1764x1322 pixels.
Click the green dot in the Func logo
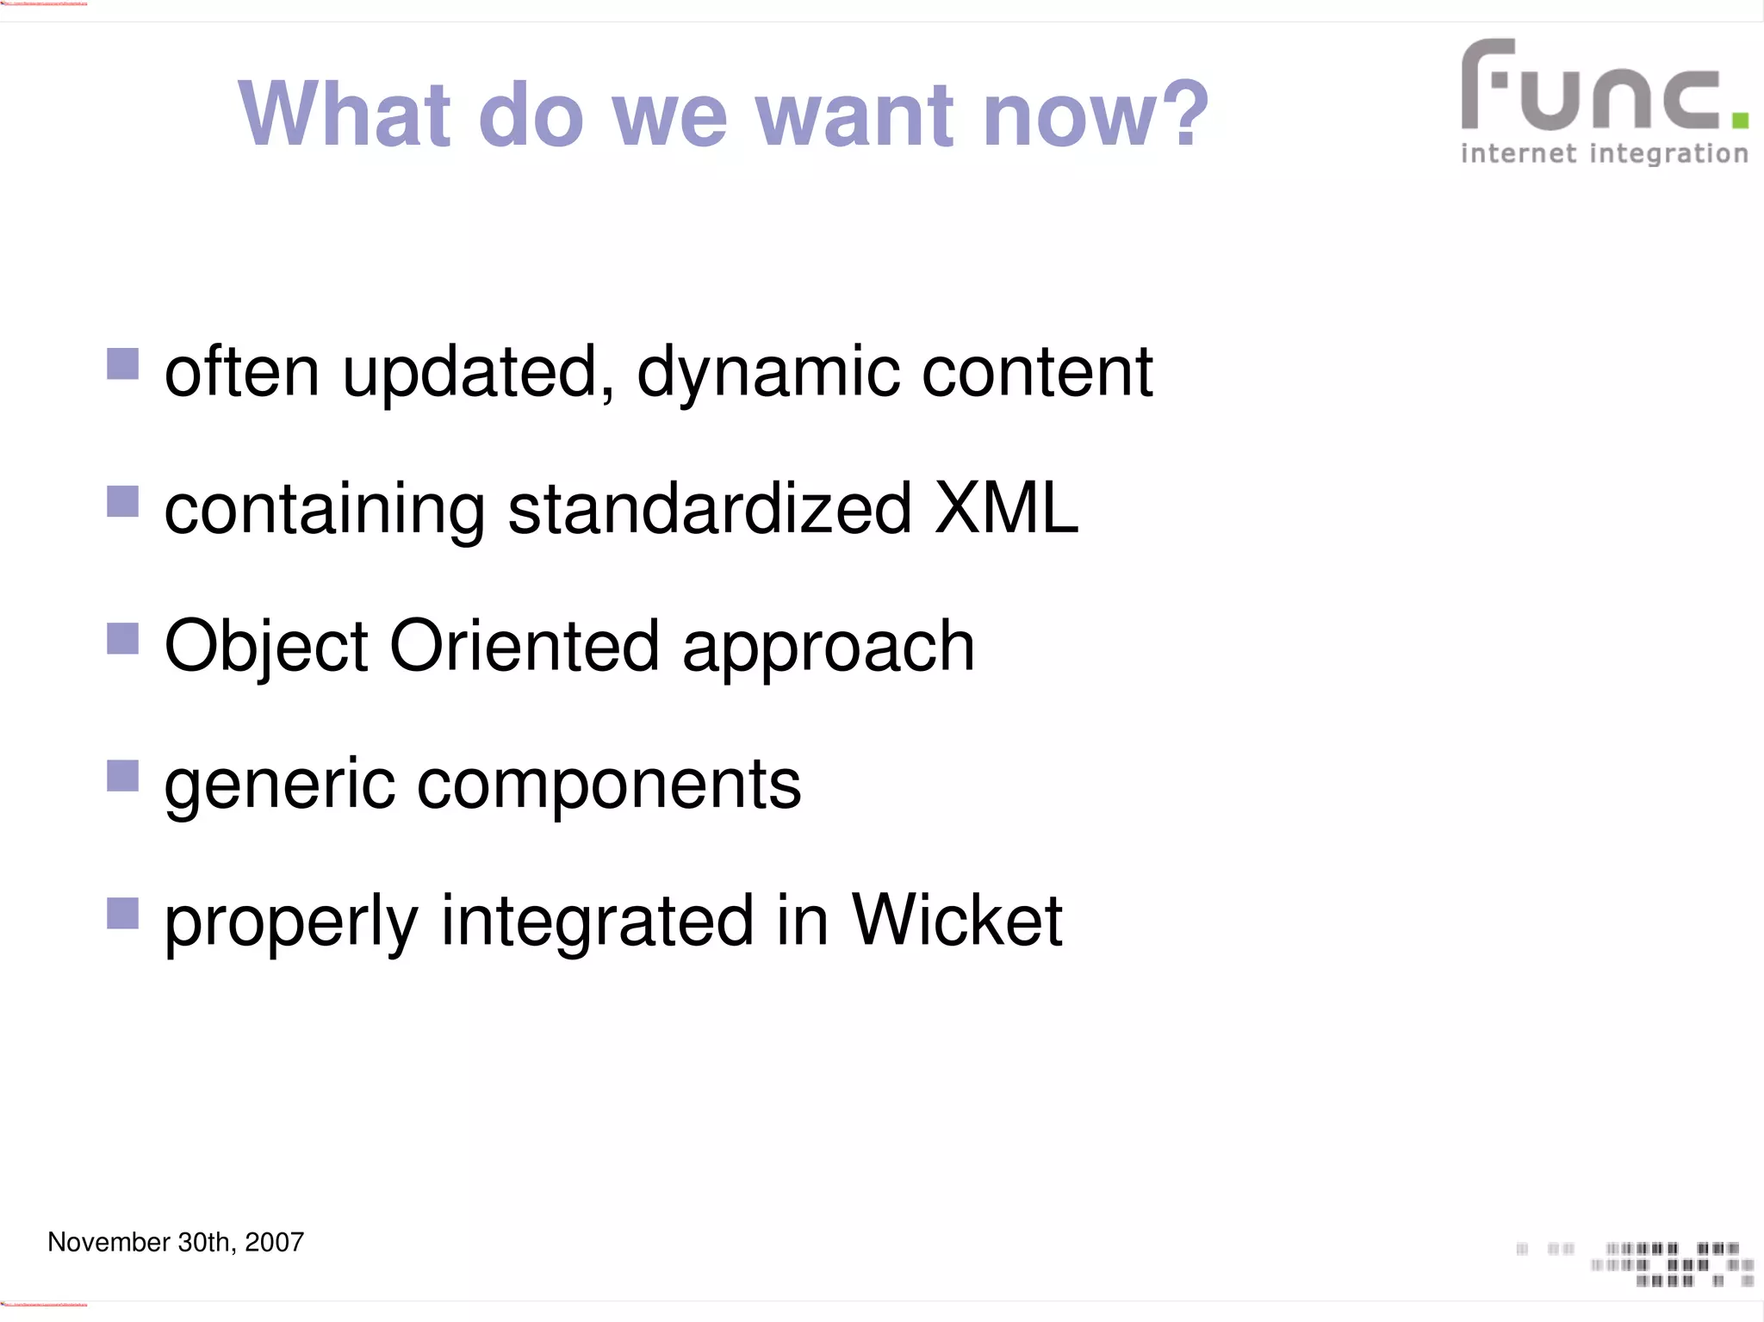(1740, 120)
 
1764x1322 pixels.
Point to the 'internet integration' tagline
(1604, 154)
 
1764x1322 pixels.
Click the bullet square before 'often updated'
(122, 363)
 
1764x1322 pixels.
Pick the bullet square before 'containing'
(122, 501)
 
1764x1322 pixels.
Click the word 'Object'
(266, 647)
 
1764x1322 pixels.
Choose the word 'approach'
(828, 649)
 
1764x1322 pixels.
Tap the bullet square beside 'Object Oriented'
(122, 638)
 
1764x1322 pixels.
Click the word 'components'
(609, 785)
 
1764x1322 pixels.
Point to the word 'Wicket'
(957, 921)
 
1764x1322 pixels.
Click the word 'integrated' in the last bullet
(598, 922)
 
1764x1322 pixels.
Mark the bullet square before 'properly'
(122, 913)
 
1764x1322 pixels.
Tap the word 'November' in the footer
(109, 1242)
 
